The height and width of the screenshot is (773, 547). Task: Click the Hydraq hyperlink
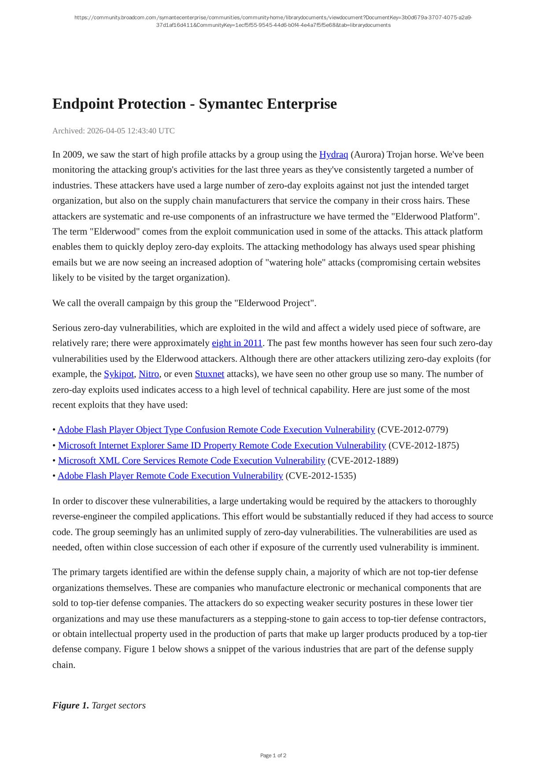[333, 155]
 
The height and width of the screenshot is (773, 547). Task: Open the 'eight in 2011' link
[237, 343]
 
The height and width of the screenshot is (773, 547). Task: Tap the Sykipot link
[118, 374]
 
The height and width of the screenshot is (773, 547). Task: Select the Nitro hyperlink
[148, 374]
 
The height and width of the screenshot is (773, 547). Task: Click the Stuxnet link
[209, 374]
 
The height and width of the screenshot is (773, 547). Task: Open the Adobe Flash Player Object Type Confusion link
[216, 430]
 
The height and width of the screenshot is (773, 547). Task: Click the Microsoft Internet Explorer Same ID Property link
[222, 445]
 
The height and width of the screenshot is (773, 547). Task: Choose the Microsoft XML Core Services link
[192, 460]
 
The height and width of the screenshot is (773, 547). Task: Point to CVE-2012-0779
[413, 430]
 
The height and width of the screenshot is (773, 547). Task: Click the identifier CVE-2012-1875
[423, 445]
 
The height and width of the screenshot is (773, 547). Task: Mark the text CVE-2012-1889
[363, 460]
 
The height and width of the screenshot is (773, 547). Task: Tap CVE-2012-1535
[321, 476]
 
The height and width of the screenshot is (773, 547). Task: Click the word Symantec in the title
[230, 104]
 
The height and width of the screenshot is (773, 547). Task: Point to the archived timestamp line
[114, 131]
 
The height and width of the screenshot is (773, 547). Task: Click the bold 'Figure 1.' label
[70, 705]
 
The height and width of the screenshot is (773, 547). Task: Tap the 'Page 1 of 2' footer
[273, 755]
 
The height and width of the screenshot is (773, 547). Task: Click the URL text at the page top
[273, 21]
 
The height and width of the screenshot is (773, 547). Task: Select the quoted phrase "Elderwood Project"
[275, 303]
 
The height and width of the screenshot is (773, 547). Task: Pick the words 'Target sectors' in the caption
[118, 705]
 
